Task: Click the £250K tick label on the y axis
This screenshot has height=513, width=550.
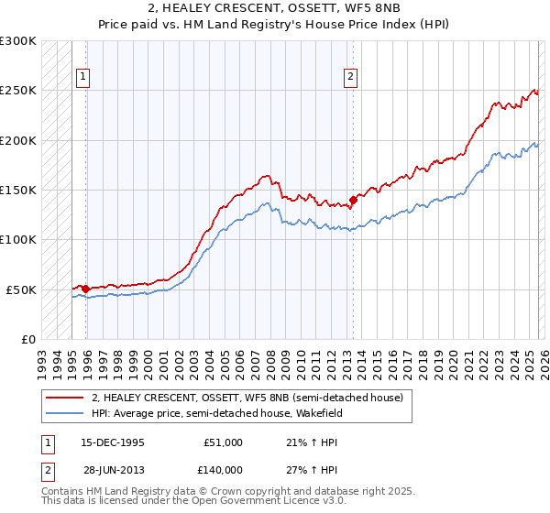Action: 18,91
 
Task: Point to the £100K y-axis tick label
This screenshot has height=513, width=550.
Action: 18,240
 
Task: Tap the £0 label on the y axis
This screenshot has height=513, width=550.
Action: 27,339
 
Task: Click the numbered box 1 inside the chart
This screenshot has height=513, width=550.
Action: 83,78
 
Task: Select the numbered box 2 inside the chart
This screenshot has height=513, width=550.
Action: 350,78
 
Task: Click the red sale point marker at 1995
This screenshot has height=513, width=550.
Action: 86,289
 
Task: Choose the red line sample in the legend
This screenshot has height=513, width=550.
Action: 64,398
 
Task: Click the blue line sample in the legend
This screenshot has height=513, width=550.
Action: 64,412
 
